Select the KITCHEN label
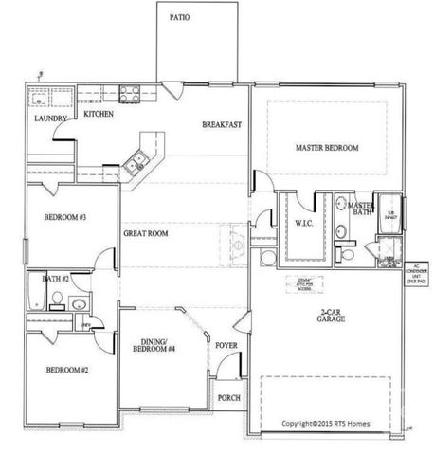pos(99,114)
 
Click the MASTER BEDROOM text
pos(327,148)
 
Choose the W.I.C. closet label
pos(304,224)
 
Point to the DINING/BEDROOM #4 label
pos(160,348)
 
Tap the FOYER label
pos(226,346)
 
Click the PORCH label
pos(228,398)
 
